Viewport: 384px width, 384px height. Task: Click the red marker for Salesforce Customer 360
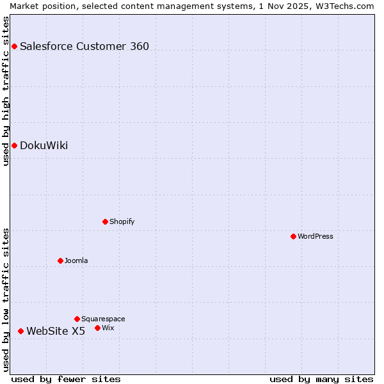click(x=14, y=46)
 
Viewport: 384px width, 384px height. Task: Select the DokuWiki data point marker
click(x=14, y=145)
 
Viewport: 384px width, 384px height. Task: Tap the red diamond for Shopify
click(x=105, y=221)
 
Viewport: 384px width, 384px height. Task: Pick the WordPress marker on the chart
click(x=293, y=236)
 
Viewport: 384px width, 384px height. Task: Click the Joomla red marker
click(x=60, y=260)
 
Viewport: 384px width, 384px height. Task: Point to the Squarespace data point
click(x=77, y=319)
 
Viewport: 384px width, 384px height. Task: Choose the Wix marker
click(x=97, y=328)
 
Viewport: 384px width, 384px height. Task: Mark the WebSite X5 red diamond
click(x=20, y=331)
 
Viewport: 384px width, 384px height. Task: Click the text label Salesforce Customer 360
click(x=84, y=46)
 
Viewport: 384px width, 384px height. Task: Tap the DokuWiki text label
click(x=44, y=145)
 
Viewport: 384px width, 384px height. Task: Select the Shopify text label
click(x=122, y=221)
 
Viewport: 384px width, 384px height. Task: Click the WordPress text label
click(x=316, y=236)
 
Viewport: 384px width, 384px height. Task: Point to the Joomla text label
click(x=76, y=260)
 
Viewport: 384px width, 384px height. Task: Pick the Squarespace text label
click(x=103, y=319)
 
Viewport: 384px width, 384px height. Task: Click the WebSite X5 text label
click(x=56, y=331)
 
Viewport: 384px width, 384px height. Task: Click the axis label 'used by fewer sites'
click(x=66, y=379)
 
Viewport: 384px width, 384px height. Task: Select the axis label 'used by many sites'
click(x=321, y=379)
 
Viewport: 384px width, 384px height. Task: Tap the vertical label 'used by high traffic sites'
click(x=6, y=91)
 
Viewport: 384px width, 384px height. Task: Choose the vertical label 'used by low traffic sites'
click(x=6, y=300)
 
